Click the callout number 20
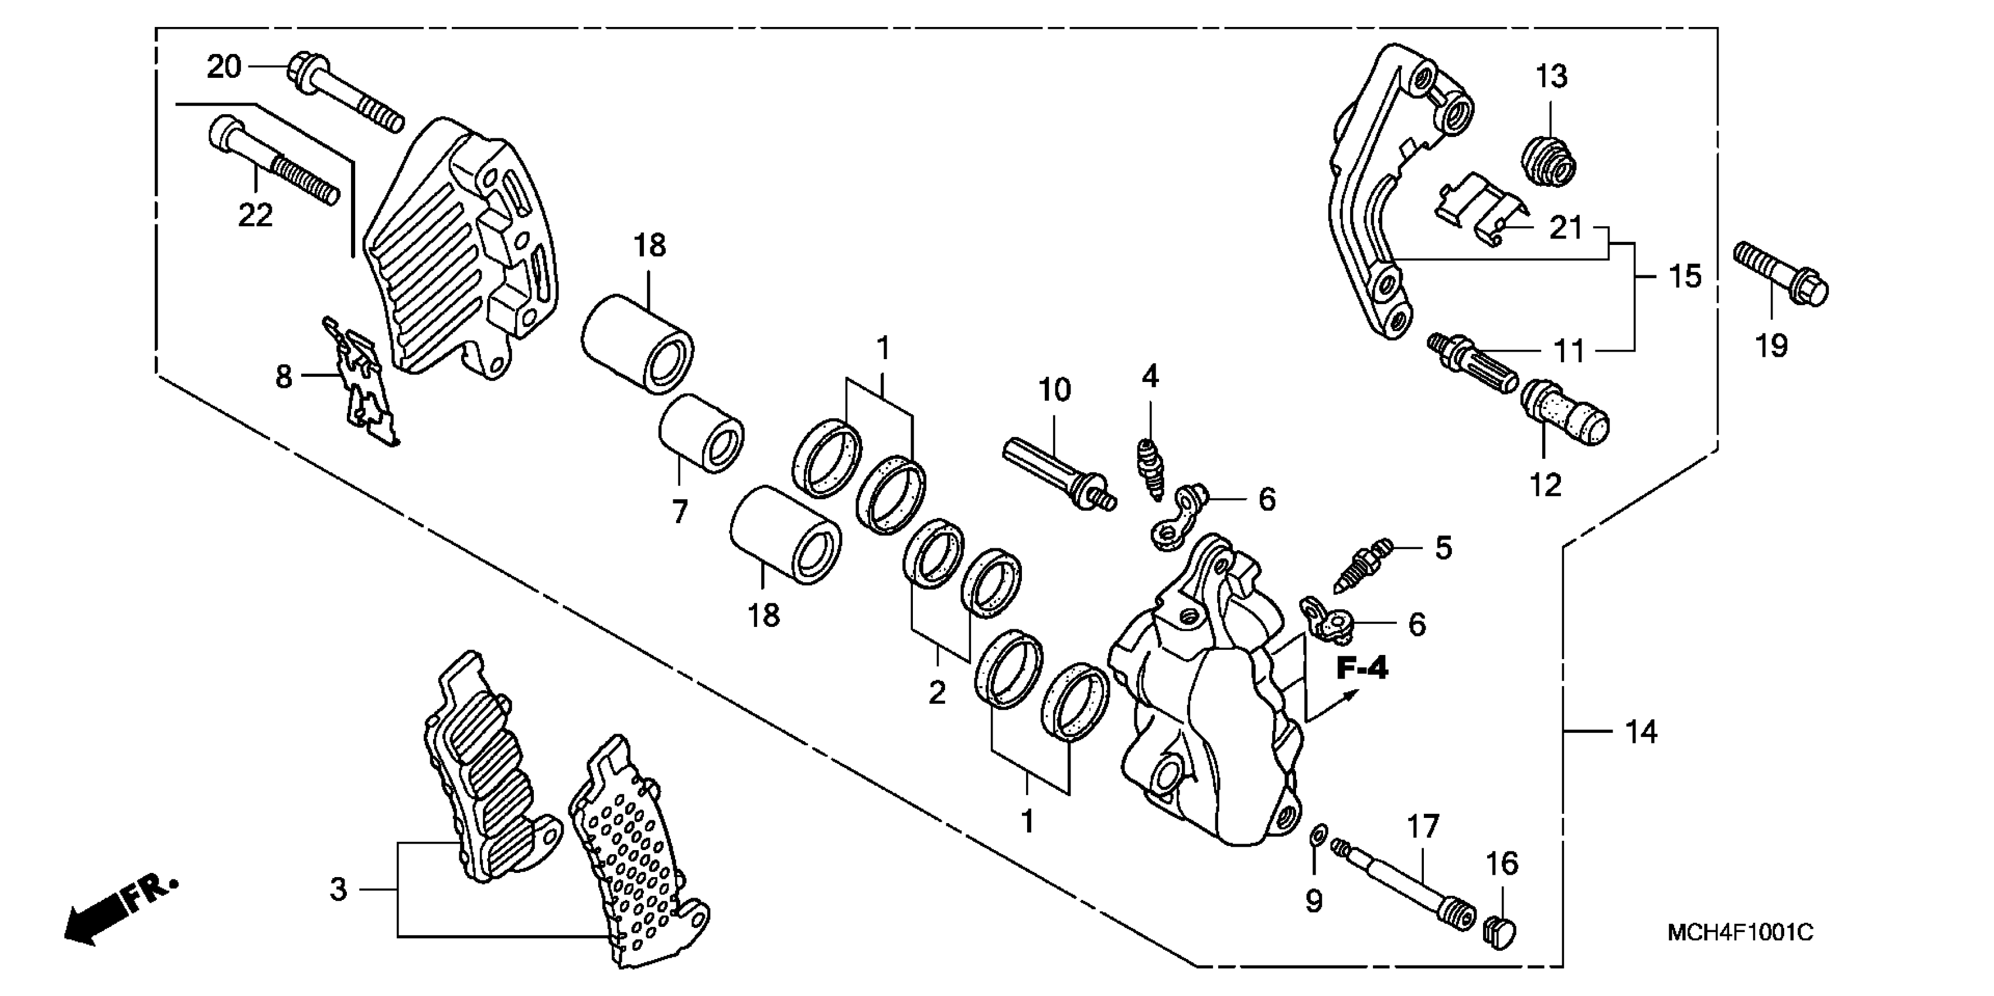[x=224, y=67]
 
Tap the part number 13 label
[x=1551, y=77]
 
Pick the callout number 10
[x=1054, y=390]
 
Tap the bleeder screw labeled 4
[x=1151, y=468]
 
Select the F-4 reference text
[x=1362, y=667]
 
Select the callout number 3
[x=338, y=889]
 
